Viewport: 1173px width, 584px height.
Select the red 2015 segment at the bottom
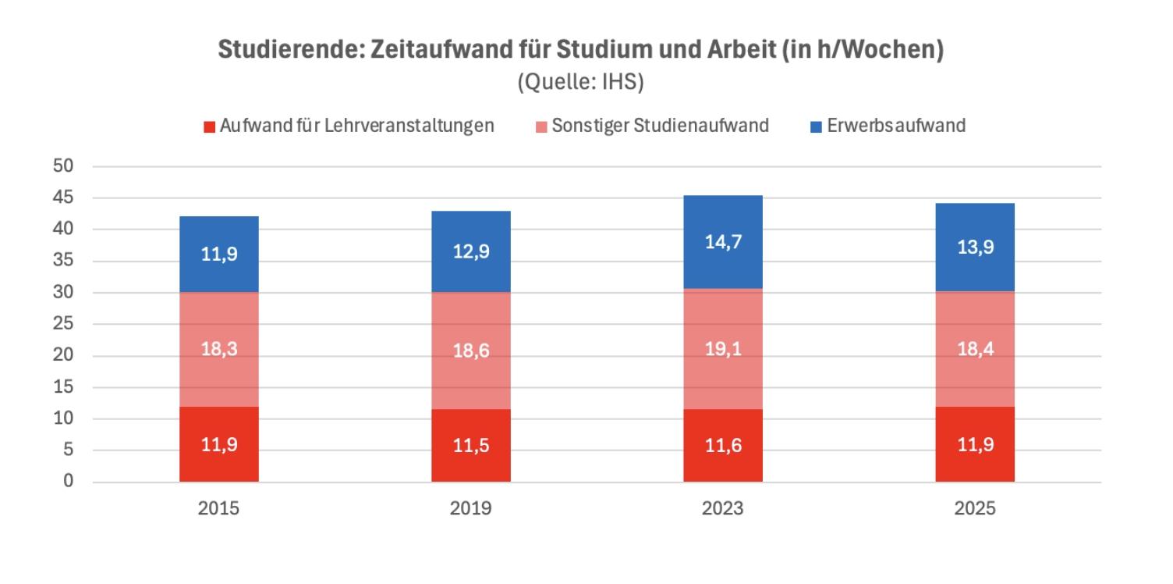219,444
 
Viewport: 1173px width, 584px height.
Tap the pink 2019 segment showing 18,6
471,351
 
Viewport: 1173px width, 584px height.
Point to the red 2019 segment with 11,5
471,446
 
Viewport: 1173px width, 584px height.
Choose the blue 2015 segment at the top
219,255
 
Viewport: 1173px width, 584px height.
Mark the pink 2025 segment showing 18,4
975,349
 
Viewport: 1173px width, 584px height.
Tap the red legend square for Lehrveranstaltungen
209,126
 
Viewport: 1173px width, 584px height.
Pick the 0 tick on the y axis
68,482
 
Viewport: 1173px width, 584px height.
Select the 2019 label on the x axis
470,509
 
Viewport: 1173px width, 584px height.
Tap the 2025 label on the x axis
975,509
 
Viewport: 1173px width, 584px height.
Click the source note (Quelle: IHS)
581,84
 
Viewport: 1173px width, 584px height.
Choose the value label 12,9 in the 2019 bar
471,252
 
